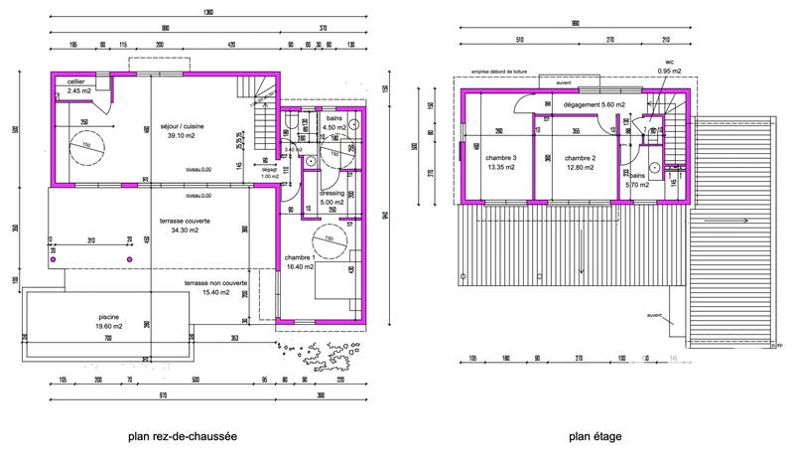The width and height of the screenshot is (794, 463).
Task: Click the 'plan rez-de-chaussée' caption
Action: (182, 435)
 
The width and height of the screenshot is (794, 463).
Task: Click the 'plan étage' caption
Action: (595, 435)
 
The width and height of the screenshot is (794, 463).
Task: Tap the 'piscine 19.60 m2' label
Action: (102, 323)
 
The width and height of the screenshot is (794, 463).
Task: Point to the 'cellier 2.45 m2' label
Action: (78, 86)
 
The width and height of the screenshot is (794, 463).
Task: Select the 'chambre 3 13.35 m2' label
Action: (500, 164)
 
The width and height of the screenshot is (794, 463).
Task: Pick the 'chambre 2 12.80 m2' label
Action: (579, 164)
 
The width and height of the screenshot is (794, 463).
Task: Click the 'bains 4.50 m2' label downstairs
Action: (335, 123)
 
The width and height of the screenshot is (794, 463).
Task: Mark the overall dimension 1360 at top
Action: (206, 13)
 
